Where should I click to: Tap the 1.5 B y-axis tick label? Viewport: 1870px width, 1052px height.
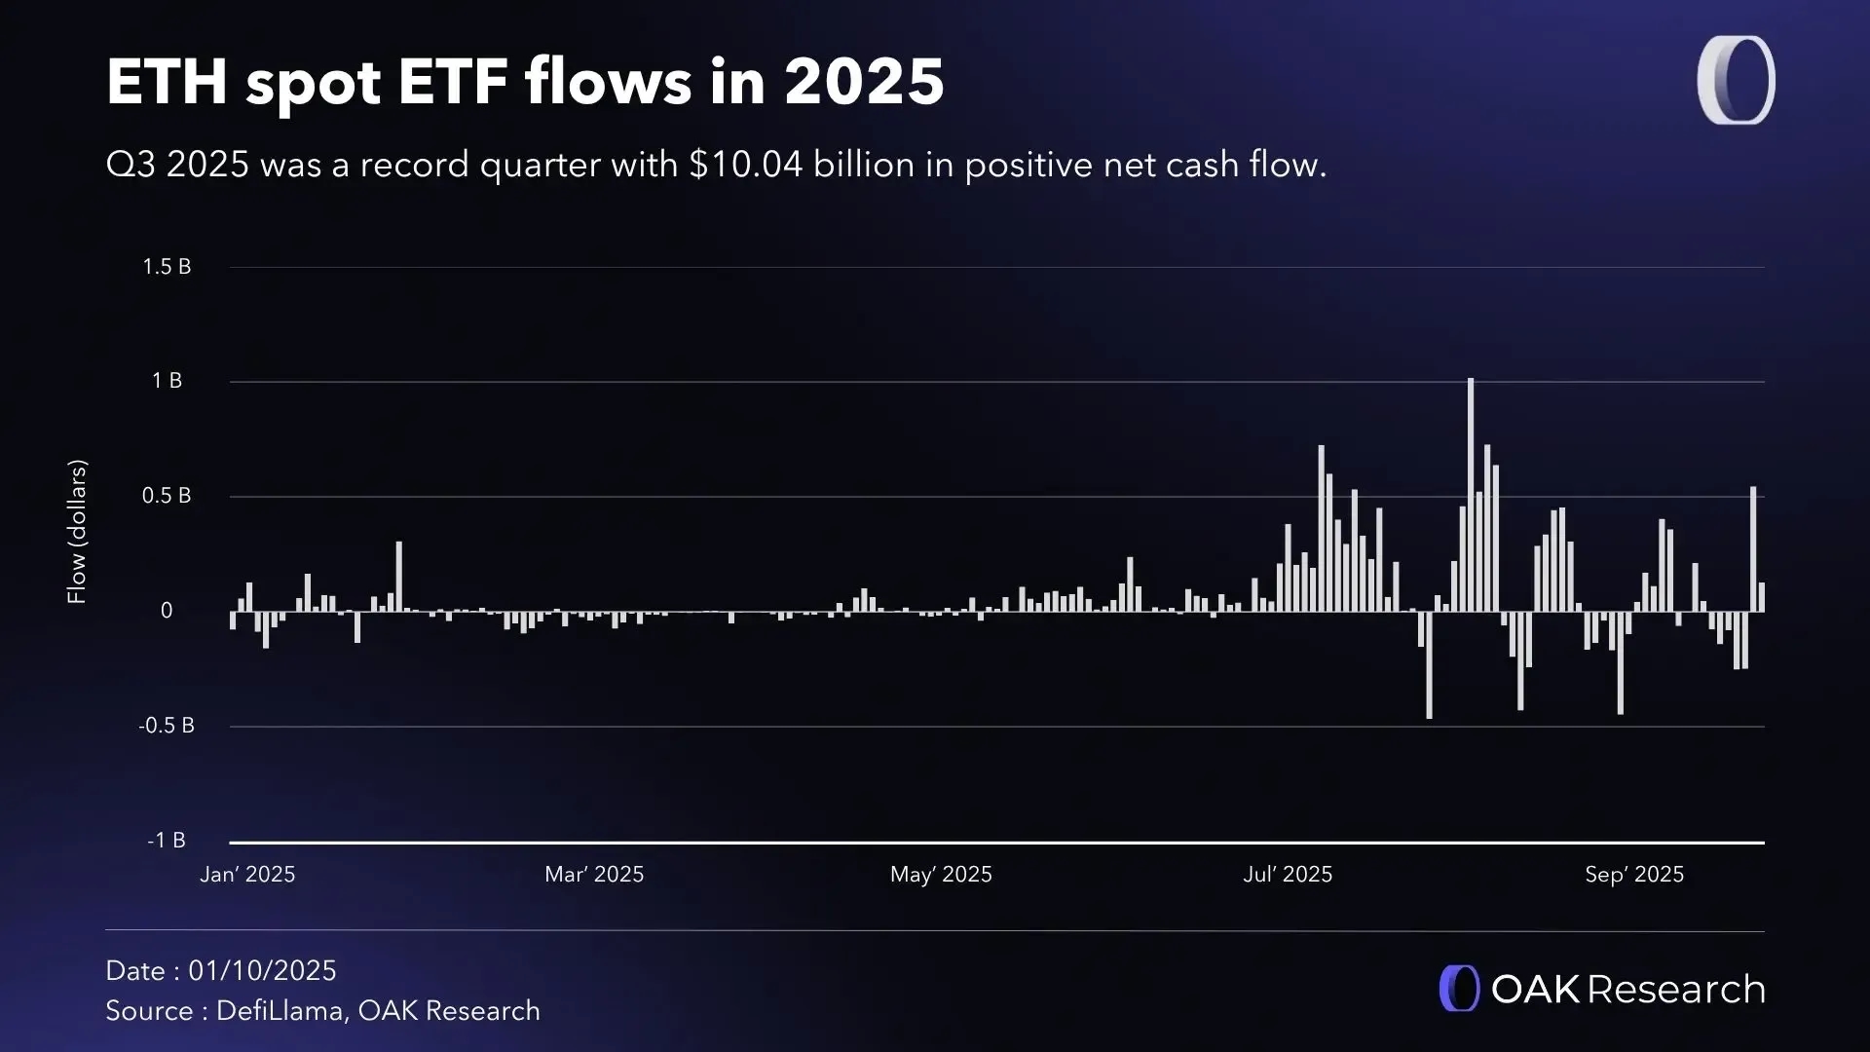tap(167, 267)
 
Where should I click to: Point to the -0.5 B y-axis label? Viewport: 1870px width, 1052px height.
tap(167, 726)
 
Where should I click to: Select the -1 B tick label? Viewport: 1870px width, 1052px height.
tap(167, 841)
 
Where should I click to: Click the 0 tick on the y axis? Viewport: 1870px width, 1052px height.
tap(167, 611)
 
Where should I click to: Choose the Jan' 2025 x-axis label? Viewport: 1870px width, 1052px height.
tap(247, 875)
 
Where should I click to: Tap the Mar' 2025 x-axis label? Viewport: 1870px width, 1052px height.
tap(594, 875)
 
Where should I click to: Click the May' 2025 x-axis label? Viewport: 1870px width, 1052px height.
tap(941, 875)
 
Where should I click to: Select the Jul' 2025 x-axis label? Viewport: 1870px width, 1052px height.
tap(1288, 875)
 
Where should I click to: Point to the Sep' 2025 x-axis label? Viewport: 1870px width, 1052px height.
tap(1634, 875)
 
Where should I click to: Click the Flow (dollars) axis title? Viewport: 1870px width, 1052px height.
tap(77, 532)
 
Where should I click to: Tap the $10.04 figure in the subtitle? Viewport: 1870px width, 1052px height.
tap(746, 165)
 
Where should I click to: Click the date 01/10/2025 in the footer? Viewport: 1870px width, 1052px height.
tap(262, 971)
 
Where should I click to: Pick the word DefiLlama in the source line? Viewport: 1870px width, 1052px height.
tap(280, 1011)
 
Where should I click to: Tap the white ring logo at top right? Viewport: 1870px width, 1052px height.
tap(1736, 81)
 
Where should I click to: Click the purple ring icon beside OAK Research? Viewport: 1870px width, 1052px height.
tap(1459, 989)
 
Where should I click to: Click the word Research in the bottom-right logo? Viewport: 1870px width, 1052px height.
tap(1676, 990)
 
